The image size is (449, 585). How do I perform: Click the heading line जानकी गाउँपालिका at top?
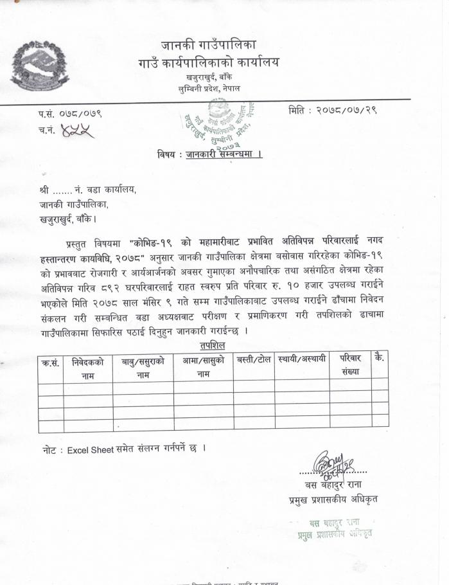[209, 46]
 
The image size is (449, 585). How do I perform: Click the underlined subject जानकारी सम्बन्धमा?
[223, 154]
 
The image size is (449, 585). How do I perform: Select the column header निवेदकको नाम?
[88, 368]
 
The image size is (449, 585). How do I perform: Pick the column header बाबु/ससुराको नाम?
[143, 368]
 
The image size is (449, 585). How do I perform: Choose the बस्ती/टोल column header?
[254, 359]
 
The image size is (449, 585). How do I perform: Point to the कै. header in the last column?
[379, 358]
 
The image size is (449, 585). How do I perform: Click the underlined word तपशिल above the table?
[213, 346]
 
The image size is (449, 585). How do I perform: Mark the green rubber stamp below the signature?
[334, 528]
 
